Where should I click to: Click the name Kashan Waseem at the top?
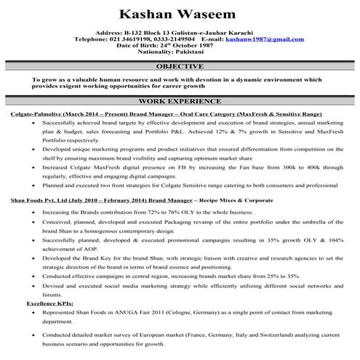click(x=180, y=15)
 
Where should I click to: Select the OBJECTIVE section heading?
click(x=180, y=66)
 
